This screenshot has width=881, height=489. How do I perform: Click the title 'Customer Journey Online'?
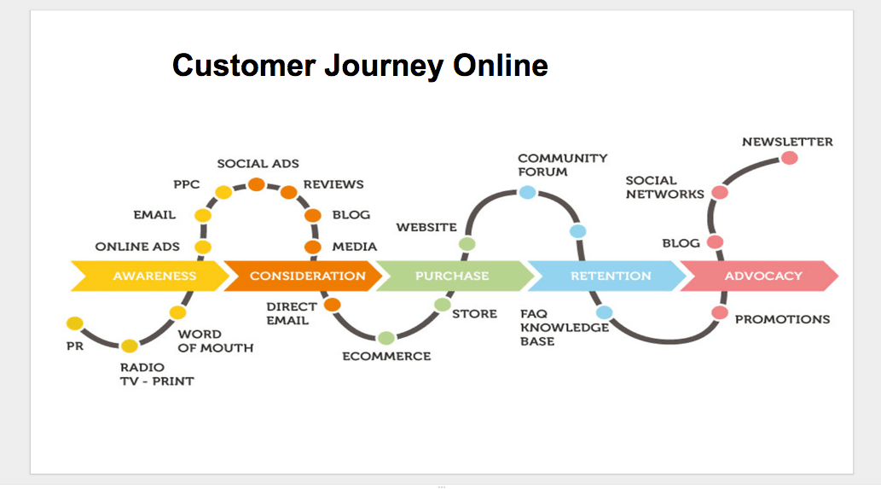[359, 66]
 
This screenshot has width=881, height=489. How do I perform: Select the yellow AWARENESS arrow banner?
[154, 276]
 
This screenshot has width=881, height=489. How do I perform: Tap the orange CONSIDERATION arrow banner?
[307, 276]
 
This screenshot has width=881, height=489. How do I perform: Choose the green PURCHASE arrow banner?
[452, 276]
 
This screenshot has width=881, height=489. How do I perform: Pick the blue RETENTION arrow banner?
[610, 276]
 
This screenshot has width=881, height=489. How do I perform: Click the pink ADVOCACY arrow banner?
[762, 276]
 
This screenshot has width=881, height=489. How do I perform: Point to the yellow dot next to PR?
[75, 323]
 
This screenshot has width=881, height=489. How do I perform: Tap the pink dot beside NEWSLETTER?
[789, 158]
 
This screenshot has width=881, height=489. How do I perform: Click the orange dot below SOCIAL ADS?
[256, 184]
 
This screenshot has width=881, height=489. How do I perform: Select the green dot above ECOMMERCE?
[385, 338]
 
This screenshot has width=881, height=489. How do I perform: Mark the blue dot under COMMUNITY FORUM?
[528, 192]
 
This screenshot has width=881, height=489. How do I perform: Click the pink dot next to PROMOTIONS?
[720, 313]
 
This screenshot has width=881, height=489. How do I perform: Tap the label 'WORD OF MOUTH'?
[215, 341]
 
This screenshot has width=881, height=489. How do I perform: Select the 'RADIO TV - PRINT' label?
[156, 374]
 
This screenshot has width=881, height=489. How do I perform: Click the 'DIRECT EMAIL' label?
[291, 313]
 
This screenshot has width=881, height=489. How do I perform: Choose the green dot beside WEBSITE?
[467, 244]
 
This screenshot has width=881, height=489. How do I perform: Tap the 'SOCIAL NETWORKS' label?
[664, 187]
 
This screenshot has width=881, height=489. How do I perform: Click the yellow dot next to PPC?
[223, 193]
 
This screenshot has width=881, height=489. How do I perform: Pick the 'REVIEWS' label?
[333, 184]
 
